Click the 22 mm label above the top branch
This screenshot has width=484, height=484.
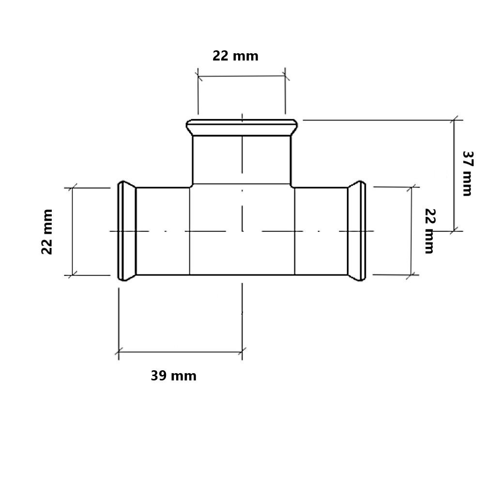pos(236,56)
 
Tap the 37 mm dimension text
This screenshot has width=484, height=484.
pos(468,173)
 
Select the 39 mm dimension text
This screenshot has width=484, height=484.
pos(173,376)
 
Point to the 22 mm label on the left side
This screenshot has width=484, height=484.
pos(47,232)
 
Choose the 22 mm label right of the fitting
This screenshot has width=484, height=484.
pos(430,231)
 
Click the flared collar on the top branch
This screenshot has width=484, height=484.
pos(242,127)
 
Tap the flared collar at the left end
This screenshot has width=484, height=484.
pos(127,231)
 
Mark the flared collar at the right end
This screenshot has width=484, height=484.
pos(357,231)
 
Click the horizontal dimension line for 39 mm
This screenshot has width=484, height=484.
pos(181,351)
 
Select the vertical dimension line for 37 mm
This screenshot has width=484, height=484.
pos(454,175)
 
